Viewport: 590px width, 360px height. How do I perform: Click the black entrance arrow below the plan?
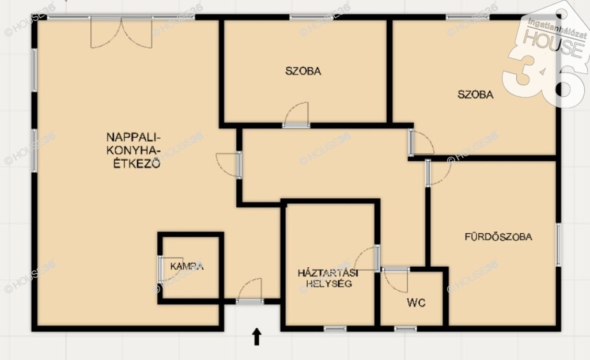click(256, 336)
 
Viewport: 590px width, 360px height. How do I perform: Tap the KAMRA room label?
click(187, 266)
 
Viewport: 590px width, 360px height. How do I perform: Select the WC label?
click(416, 303)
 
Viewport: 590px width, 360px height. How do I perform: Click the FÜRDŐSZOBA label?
click(498, 237)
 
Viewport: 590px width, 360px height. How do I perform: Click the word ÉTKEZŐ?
click(137, 164)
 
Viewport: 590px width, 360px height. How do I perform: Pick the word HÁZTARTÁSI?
click(328, 272)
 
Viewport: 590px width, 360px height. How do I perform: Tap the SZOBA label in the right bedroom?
click(475, 94)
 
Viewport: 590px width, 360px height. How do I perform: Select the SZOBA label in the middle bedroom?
click(303, 71)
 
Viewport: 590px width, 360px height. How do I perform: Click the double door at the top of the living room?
click(121, 33)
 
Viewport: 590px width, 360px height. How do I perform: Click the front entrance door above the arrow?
click(250, 291)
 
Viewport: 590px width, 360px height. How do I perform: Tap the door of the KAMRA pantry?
click(170, 270)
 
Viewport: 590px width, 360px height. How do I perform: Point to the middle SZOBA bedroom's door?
click(297, 115)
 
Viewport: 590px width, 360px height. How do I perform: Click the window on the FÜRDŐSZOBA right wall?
click(558, 245)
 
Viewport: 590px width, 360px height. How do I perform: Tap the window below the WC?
click(406, 329)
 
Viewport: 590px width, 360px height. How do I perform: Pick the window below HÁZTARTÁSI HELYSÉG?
click(335, 329)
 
